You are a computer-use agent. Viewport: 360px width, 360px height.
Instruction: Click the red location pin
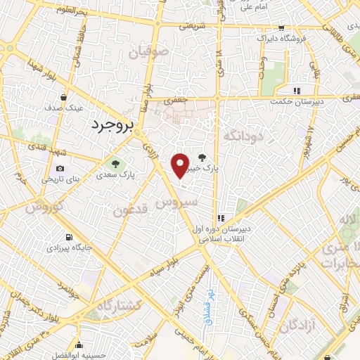(x=181, y=166)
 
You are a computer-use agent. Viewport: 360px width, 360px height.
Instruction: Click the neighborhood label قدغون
(x=130, y=210)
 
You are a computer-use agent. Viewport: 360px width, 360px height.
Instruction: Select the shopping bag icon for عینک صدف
(x=64, y=98)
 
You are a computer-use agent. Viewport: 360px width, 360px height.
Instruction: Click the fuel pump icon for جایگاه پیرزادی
(x=68, y=237)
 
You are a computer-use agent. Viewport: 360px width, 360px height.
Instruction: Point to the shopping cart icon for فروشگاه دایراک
(x=282, y=29)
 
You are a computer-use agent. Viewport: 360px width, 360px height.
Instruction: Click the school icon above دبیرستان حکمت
(x=297, y=90)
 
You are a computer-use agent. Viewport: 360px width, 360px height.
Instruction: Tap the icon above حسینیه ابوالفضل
(x=79, y=345)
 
